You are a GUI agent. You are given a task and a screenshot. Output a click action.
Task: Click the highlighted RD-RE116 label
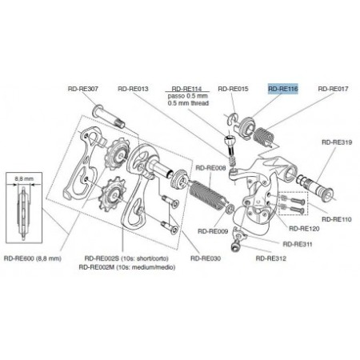pos(282,90)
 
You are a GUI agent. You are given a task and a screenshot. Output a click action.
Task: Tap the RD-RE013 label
pos(133,90)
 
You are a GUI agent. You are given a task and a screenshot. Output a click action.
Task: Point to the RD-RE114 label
pos(186,89)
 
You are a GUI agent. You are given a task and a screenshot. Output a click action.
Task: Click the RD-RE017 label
pos(334,90)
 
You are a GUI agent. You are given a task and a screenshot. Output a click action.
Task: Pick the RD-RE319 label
pos(333,141)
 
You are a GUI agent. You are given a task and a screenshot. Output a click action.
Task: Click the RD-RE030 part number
pos(207,258)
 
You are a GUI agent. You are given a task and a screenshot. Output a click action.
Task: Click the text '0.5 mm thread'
pos(186,104)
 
